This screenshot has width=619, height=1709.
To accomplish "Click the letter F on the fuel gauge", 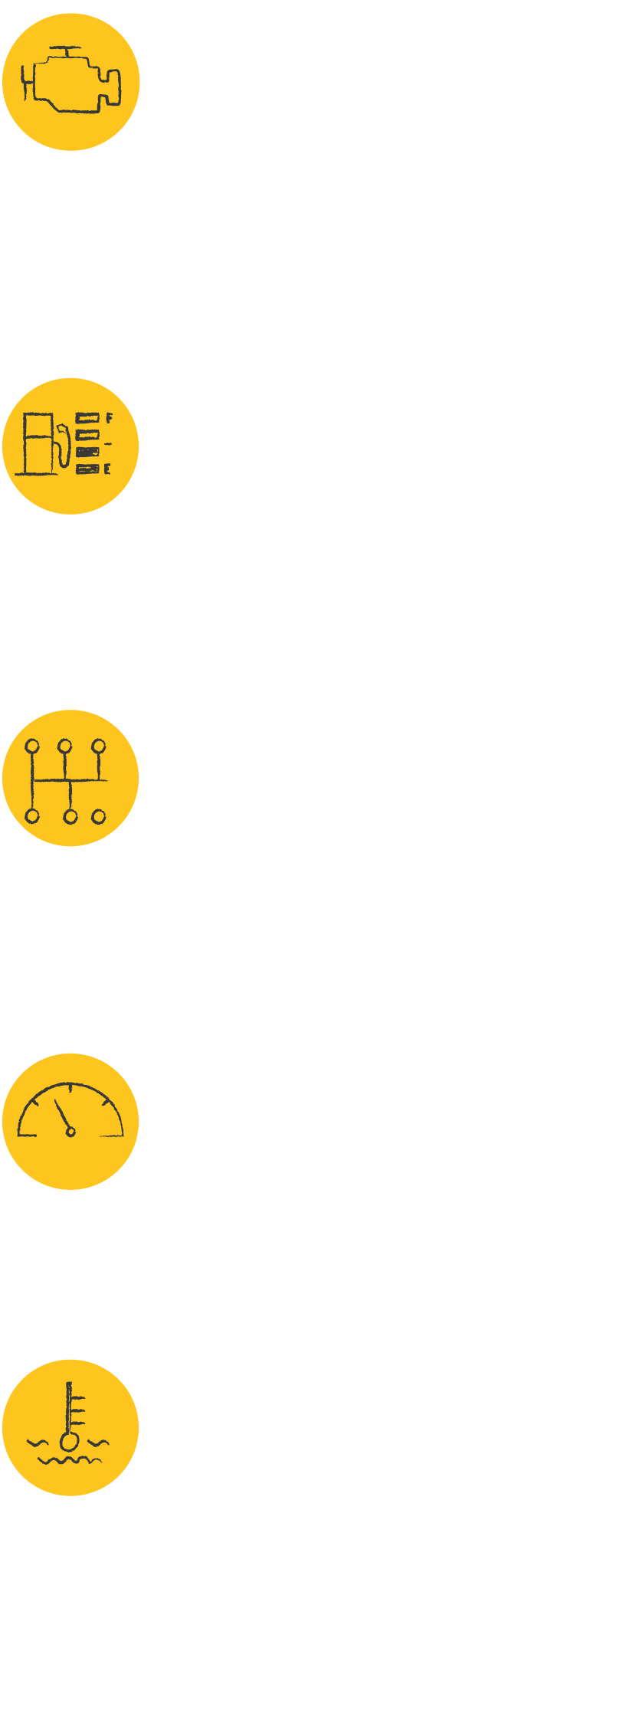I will [x=109, y=417].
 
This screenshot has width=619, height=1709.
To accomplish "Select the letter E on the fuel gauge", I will [x=107, y=469].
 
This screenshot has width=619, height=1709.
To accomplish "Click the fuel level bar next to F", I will [x=87, y=417].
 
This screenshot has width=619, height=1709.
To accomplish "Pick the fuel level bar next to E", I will [x=87, y=469].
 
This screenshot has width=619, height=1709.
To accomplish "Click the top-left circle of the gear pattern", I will [x=32, y=746].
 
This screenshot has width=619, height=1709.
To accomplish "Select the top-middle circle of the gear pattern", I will [x=65, y=746].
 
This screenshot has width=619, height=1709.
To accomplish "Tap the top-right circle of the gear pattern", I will [x=99, y=746].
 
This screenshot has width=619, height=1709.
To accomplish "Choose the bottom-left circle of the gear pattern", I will [x=32, y=816].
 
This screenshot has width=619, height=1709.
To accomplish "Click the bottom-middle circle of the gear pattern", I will [x=70, y=817].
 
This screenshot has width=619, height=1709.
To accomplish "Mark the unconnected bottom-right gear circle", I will [x=99, y=817].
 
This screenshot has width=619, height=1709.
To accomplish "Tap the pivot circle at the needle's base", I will [x=70, y=1132].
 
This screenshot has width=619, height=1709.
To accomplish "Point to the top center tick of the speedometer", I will [x=70, y=1087].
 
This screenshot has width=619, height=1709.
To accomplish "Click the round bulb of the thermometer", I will [x=70, y=1443].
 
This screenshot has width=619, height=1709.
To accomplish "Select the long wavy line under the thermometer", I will [x=70, y=1460].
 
